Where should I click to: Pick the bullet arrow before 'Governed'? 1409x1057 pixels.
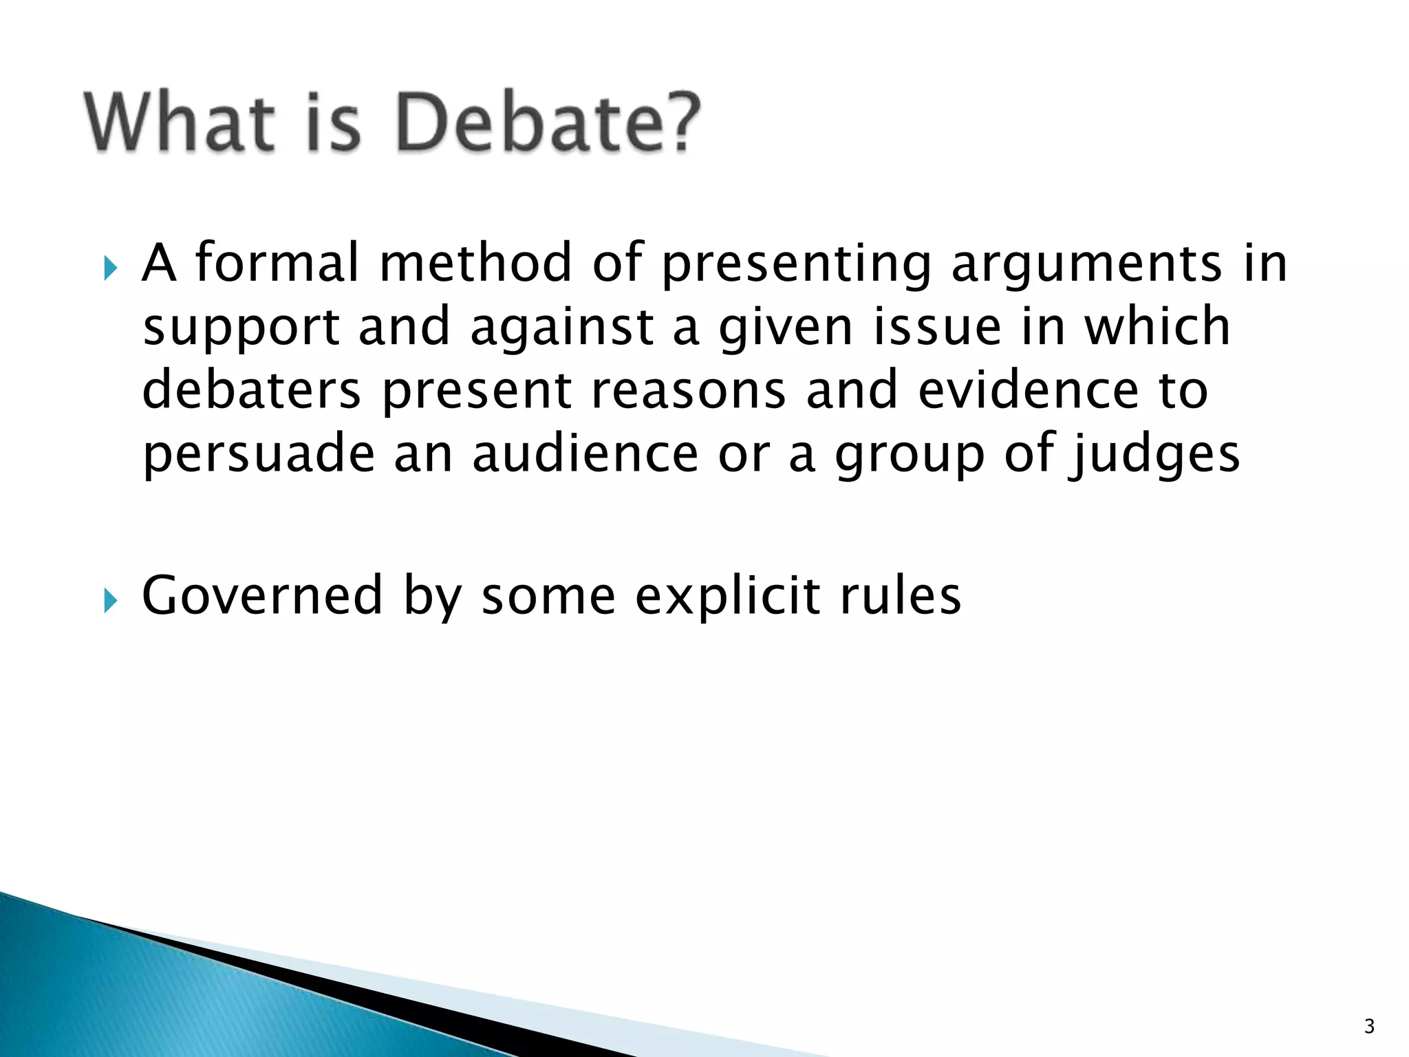coord(111,601)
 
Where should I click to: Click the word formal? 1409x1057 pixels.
coord(277,263)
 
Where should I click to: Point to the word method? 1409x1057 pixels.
coord(476,263)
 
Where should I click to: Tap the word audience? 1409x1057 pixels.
coord(585,454)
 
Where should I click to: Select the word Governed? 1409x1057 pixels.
coord(262,595)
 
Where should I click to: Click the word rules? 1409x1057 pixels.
coord(901,595)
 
